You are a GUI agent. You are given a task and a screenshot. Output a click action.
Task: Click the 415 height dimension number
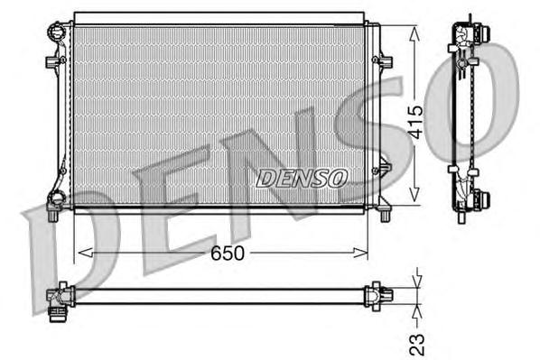pos(414,119)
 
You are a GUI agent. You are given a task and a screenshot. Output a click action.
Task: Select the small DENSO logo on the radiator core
pos(302,178)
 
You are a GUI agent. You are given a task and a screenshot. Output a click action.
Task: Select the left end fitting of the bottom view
pos(59,296)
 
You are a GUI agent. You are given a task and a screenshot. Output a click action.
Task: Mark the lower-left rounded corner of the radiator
pos(55,200)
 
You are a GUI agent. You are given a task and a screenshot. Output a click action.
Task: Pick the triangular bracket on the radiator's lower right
pos(382,169)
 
